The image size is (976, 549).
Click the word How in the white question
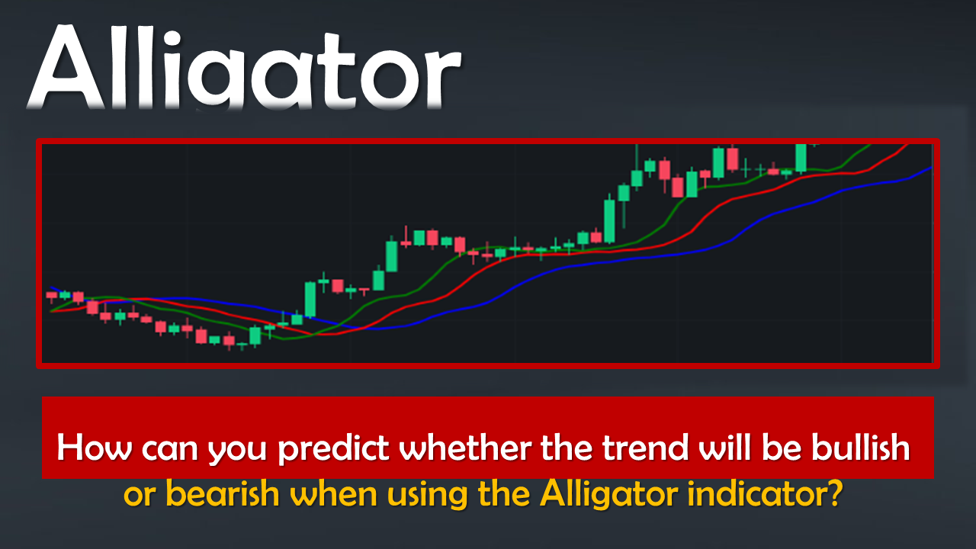click(94, 448)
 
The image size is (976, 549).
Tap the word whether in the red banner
click(465, 448)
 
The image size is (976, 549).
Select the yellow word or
click(140, 496)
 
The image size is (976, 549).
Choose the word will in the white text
click(725, 448)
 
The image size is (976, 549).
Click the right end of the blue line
click(932, 167)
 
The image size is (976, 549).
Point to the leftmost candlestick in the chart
click(51, 297)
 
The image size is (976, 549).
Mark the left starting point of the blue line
click(51, 287)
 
